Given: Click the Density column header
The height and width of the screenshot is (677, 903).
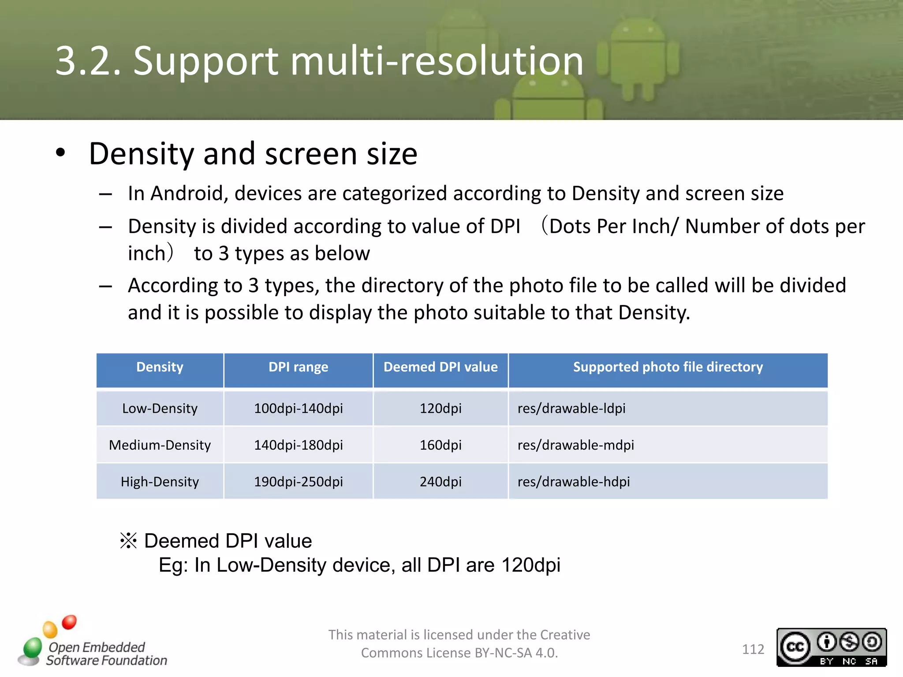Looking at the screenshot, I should (x=160, y=367).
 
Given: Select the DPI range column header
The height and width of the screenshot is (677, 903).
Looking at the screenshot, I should (x=299, y=367).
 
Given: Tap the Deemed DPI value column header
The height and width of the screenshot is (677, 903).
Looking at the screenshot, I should (x=440, y=367).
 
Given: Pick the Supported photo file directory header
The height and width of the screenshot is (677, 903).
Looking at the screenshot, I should (x=668, y=367).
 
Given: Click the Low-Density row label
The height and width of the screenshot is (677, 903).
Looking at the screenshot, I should (x=160, y=409).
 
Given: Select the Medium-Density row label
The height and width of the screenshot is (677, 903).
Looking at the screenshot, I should (x=160, y=445).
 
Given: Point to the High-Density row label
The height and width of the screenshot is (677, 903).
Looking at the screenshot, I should (x=160, y=482).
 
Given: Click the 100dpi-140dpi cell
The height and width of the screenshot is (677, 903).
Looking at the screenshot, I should (x=299, y=409).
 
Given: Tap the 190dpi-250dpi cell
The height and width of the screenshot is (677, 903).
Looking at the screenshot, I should (x=299, y=482).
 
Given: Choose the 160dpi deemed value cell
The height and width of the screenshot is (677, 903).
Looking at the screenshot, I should (x=440, y=445).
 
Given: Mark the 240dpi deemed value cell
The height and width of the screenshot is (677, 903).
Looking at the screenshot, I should (x=440, y=482).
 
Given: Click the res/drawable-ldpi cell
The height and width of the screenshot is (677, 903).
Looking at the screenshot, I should (x=571, y=409).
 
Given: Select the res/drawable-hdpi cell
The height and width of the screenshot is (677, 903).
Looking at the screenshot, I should (x=574, y=482).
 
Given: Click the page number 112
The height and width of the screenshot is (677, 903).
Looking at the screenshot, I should (x=753, y=649).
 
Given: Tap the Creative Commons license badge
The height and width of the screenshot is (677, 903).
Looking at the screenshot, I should (x=832, y=647).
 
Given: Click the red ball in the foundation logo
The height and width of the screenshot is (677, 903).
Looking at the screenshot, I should (x=69, y=622).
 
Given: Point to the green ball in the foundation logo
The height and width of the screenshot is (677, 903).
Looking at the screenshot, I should (x=33, y=648).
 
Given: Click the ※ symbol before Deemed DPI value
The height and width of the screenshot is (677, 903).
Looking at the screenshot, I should (x=128, y=541).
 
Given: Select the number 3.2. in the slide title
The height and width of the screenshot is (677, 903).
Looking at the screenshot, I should (x=88, y=61).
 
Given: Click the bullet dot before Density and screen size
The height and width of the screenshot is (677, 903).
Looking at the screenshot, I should (x=60, y=153).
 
